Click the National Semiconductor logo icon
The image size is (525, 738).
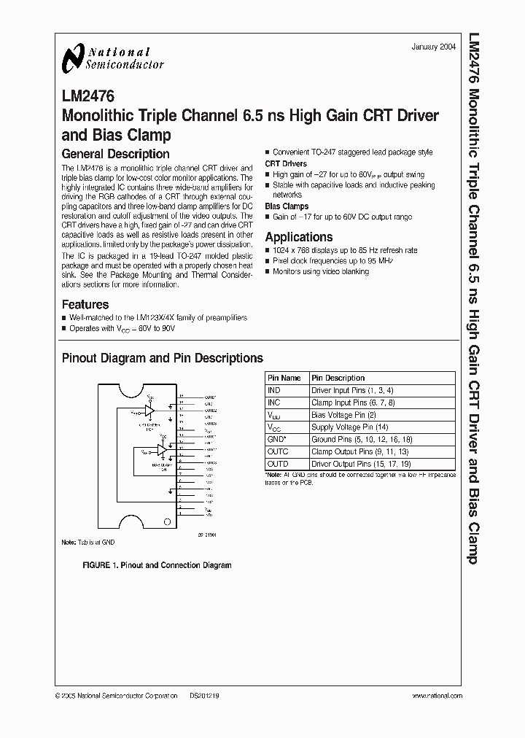click(x=73, y=57)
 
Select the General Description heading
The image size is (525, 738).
click(x=115, y=154)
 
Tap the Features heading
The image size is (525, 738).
click(x=85, y=304)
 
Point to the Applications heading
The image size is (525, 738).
click(x=298, y=237)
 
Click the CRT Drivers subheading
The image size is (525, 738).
click(x=285, y=164)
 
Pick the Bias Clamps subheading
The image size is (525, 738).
click(x=286, y=206)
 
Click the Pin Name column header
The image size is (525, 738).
click(x=284, y=378)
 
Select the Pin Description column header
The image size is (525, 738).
click(x=338, y=378)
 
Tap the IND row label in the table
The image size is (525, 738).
click(x=274, y=390)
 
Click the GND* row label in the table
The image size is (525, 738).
click(x=278, y=440)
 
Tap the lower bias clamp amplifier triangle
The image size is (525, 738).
click(x=160, y=451)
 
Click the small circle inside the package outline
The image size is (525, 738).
click(x=168, y=522)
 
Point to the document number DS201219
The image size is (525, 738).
click(x=204, y=696)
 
